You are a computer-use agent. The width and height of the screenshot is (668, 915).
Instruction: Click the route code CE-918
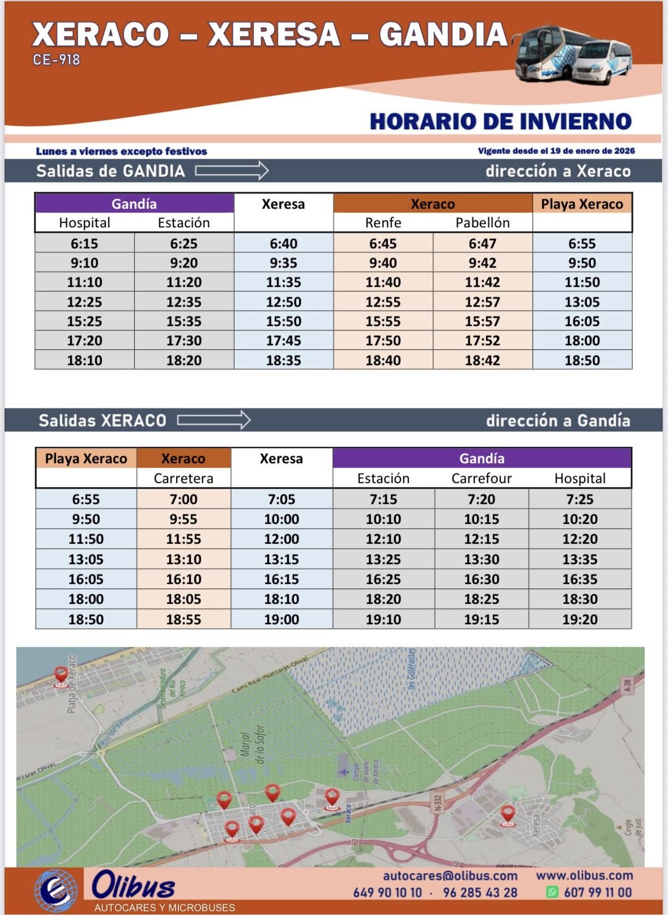tap(57, 60)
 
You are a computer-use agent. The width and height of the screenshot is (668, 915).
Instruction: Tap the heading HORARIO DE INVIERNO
tap(500, 121)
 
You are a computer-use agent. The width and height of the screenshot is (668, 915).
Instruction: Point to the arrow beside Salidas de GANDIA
tap(232, 171)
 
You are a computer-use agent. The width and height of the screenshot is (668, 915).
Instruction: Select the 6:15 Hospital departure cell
tap(84, 244)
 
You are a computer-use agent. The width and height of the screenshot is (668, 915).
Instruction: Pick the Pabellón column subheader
tap(482, 223)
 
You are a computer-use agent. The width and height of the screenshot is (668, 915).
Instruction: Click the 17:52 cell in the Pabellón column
tap(482, 341)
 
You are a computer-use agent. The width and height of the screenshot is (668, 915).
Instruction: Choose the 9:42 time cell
tap(482, 263)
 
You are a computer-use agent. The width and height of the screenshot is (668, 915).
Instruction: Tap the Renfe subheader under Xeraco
tap(383, 223)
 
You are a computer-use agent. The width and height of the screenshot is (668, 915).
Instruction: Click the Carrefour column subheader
tap(481, 478)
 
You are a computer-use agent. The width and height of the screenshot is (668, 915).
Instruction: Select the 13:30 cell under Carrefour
tap(481, 560)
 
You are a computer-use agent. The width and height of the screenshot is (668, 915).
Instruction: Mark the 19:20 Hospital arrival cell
tap(580, 620)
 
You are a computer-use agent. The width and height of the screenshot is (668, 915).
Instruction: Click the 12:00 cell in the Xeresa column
tap(281, 539)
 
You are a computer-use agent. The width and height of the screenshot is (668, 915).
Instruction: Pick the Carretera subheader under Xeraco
tap(184, 478)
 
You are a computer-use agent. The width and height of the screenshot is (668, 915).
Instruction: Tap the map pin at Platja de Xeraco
tap(61, 675)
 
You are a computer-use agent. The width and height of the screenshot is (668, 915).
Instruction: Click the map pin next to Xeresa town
tap(508, 815)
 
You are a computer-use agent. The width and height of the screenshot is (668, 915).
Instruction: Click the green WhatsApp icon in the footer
tap(552, 892)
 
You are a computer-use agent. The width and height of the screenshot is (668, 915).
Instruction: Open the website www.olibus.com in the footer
tap(584, 876)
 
